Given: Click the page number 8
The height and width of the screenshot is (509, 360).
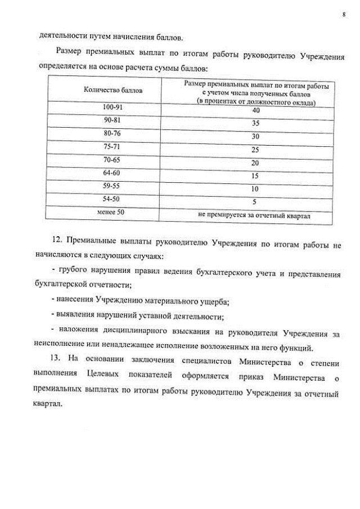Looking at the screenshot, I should point(343,15).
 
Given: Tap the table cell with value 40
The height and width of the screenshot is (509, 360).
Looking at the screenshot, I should point(255,110).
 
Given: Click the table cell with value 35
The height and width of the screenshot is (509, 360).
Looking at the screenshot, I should point(255,123).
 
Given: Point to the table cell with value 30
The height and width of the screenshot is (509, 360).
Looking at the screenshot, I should point(255,136).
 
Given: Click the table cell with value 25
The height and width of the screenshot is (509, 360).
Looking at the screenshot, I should point(255,150).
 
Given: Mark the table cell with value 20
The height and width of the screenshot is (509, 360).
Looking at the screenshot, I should point(255,163).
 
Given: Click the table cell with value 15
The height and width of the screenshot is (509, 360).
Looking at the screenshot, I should point(255,176).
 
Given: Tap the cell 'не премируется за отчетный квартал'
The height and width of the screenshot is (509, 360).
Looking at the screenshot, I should point(254,215).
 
